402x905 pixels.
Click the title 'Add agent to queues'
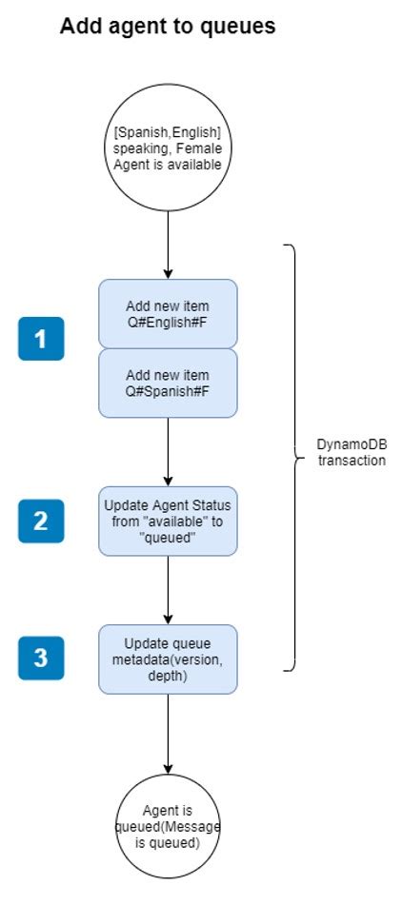click(168, 27)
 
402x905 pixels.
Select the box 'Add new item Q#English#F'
click(168, 314)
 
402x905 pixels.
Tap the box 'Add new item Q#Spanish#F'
click(168, 383)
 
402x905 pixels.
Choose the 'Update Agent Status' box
click(168, 521)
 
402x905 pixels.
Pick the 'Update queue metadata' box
click(168, 658)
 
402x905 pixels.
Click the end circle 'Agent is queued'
click(168, 825)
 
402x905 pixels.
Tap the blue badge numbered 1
click(41, 339)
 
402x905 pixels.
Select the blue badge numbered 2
click(41, 521)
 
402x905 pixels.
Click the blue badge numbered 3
click(41, 658)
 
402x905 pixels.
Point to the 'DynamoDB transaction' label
click(352, 453)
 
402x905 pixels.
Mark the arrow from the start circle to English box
click(168, 244)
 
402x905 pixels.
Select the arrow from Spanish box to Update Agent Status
click(168, 451)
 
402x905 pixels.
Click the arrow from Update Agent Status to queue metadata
click(168, 590)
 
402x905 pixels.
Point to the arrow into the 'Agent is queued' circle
click(168, 733)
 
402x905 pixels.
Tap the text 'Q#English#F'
click(168, 323)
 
